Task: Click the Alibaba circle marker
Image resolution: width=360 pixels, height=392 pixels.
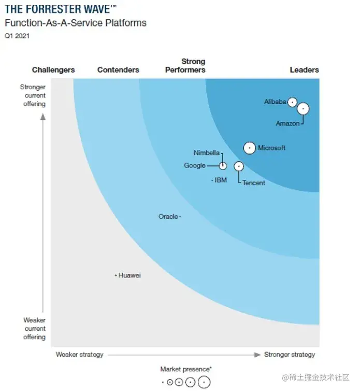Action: tap(292, 102)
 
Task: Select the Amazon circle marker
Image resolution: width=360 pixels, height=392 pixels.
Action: tap(303, 108)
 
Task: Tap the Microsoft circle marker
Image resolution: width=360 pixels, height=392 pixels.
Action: tap(250, 148)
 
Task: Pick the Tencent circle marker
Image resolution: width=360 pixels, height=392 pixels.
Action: tap(238, 166)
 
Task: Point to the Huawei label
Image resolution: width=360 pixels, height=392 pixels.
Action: tap(129, 275)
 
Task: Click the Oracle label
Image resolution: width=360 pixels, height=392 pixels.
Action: tap(168, 216)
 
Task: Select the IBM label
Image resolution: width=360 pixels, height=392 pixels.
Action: tap(221, 180)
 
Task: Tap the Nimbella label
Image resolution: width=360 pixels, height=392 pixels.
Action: tap(207, 153)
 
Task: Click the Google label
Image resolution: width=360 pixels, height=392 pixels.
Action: tap(195, 166)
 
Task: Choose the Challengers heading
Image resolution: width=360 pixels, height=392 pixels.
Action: tap(53, 70)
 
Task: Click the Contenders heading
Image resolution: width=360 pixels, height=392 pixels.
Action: tap(118, 70)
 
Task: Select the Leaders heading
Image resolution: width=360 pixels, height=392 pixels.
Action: tap(304, 70)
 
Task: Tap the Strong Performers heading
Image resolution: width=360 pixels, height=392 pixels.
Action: tap(185, 66)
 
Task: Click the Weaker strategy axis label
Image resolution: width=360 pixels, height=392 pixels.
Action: tap(80, 355)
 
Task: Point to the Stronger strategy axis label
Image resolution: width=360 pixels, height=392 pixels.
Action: tap(290, 355)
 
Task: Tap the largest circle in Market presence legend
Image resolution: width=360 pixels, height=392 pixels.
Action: tap(204, 383)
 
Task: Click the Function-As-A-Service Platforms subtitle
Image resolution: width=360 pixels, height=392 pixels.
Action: tap(76, 23)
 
